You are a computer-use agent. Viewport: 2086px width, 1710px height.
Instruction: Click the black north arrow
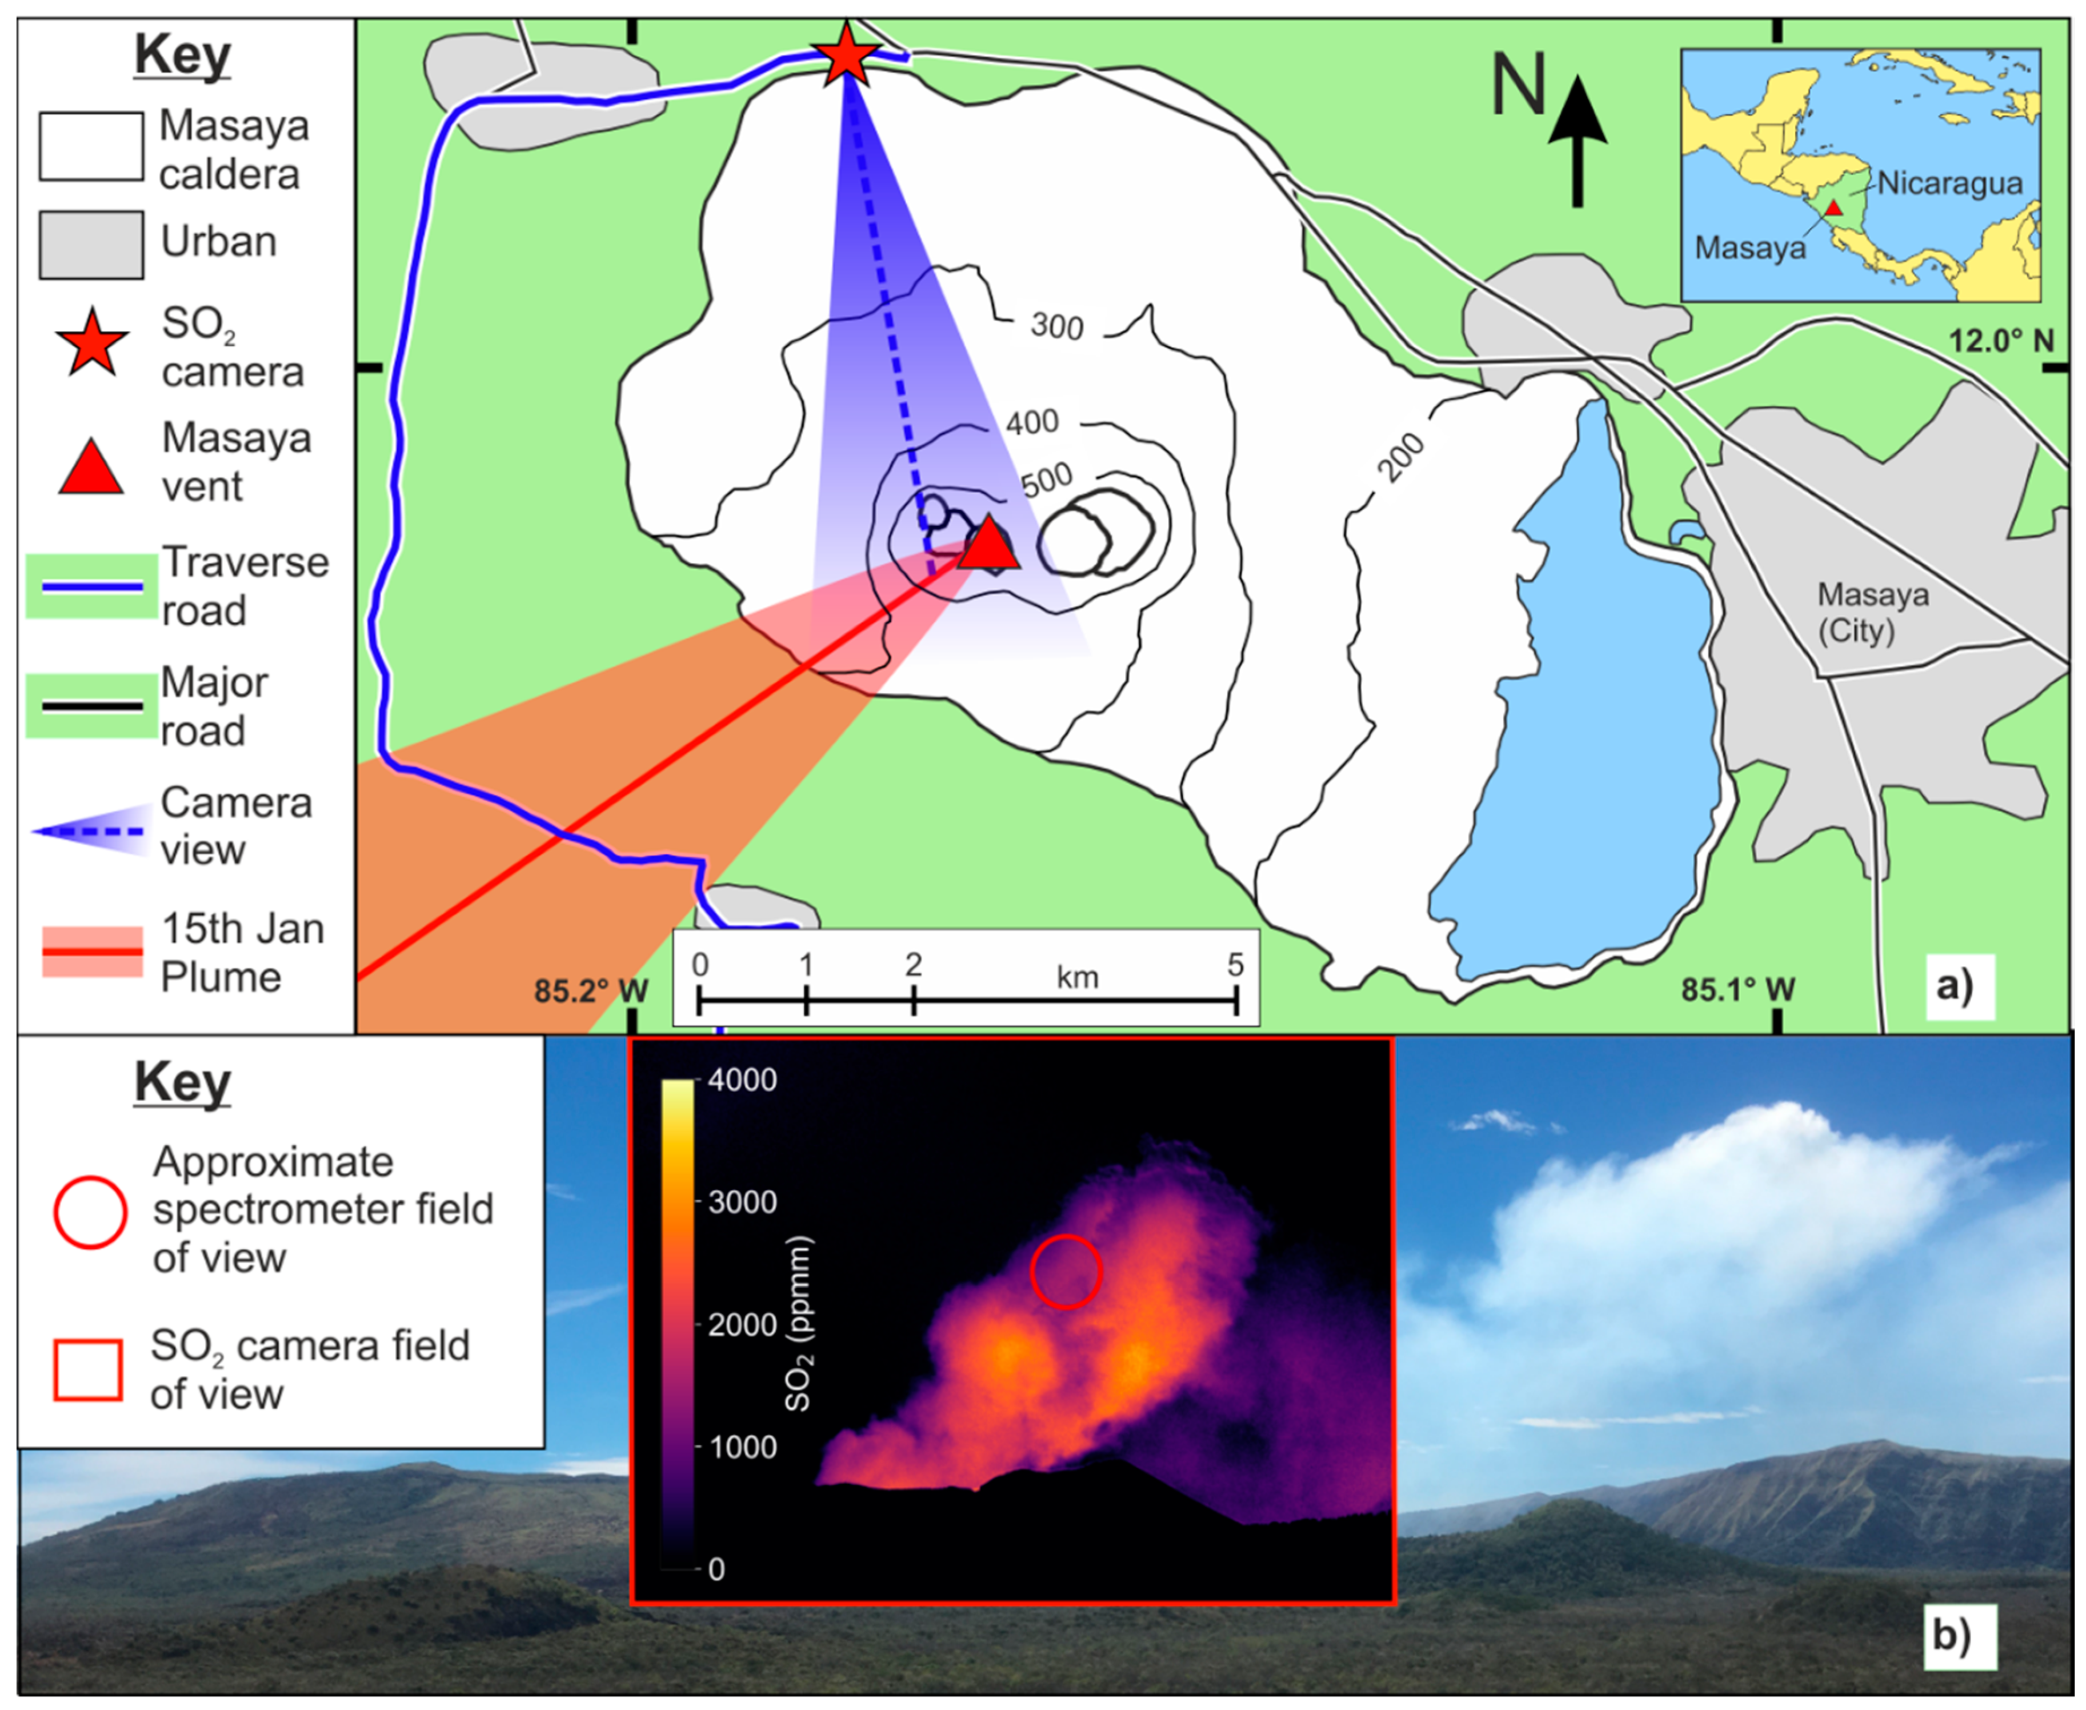1577,141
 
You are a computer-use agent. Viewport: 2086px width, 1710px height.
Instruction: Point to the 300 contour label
1057,326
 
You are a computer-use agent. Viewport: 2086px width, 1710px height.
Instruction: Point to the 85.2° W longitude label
591,990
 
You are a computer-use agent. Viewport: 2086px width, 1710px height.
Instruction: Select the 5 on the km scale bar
1235,964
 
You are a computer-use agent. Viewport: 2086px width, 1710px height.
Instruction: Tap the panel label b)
1951,1636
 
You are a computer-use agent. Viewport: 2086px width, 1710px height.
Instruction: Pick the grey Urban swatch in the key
91,244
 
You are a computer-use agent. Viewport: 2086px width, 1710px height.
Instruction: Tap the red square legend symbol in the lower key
87,1369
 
